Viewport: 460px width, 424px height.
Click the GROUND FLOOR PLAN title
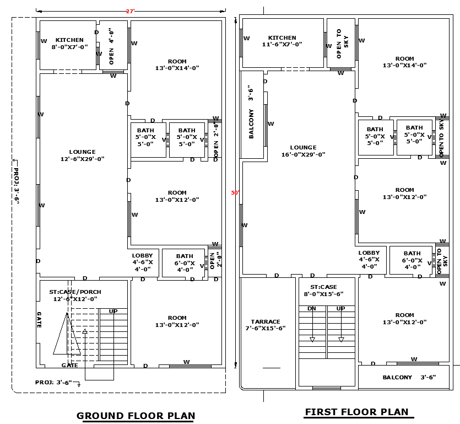tap(136, 416)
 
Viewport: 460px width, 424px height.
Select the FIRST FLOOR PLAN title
tap(356, 412)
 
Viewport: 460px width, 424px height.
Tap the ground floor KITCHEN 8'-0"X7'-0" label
tap(69, 44)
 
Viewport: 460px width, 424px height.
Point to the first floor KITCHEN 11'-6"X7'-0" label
tap(282, 41)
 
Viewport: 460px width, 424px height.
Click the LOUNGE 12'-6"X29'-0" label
tap(82, 155)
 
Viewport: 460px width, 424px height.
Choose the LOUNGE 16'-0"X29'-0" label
tap(303, 151)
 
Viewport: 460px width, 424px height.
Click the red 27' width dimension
tap(130, 11)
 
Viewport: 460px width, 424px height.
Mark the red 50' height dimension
tap(235, 193)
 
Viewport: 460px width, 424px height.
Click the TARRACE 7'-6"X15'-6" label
tap(266, 325)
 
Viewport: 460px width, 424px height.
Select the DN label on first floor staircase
tap(311, 309)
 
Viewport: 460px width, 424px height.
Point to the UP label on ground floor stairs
tap(113, 312)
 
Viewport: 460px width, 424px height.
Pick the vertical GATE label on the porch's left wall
tap(39, 320)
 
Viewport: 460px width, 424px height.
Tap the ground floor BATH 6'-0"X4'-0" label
tap(185, 259)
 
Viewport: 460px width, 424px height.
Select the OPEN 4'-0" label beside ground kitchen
tap(111, 46)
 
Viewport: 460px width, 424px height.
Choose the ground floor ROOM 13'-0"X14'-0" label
tap(177, 65)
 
